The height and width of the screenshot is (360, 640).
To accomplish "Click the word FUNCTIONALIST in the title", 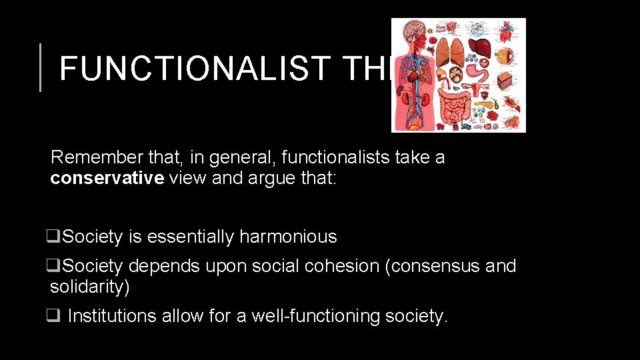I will click(193, 67).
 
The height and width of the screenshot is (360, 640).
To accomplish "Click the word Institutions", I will click(113, 316).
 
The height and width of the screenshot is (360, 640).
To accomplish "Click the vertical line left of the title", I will click(41, 67).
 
